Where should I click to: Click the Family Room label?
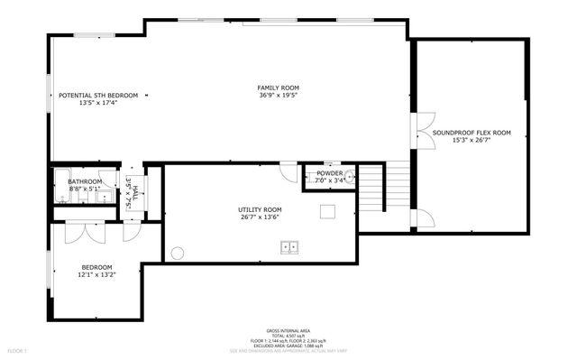coord(278,88)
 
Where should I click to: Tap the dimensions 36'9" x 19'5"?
coord(278,95)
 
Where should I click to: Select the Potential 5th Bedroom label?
coord(98,95)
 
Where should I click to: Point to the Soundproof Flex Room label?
coord(471,133)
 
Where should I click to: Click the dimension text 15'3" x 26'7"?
coord(471,140)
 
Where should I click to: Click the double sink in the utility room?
coord(290,245)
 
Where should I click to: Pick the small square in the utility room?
coord(328,211)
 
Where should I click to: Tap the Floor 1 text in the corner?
coord(18,349)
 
